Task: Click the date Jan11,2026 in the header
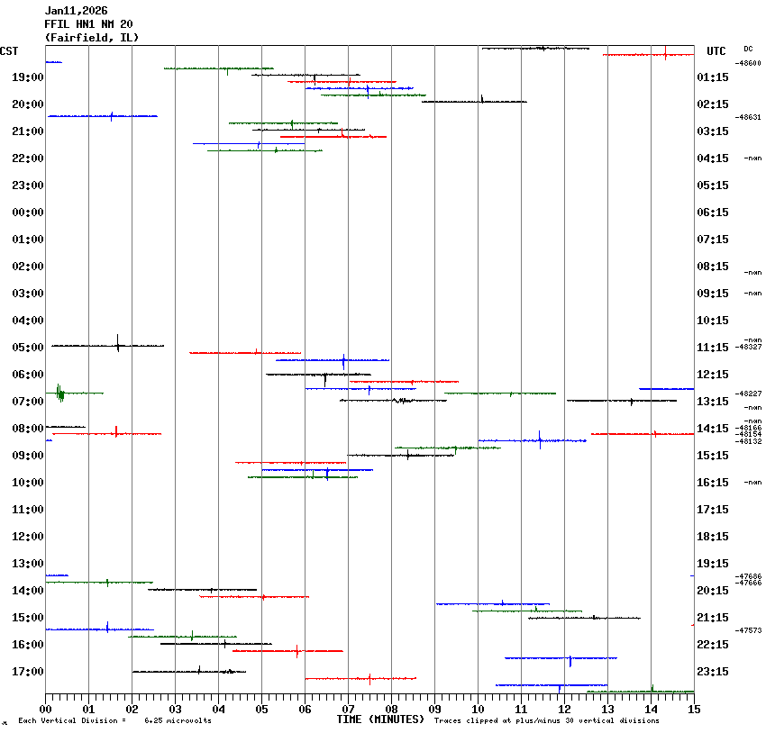[x=76, y=11]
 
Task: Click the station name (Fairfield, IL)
[x=91, y=38]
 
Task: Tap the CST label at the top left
[x=9, y=51]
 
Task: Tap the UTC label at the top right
[x=716, y=51]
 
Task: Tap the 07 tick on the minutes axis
[x=348, y=710]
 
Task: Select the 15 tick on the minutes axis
[x=694, y=710]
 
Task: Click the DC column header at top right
[x=748, y=49]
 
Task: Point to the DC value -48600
[x=749, y=63]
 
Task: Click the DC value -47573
[x=749, y=630]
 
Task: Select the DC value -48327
[x=749, y=347]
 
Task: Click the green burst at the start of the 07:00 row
[x=59, y=393]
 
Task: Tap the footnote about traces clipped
[x=546, y=720]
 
